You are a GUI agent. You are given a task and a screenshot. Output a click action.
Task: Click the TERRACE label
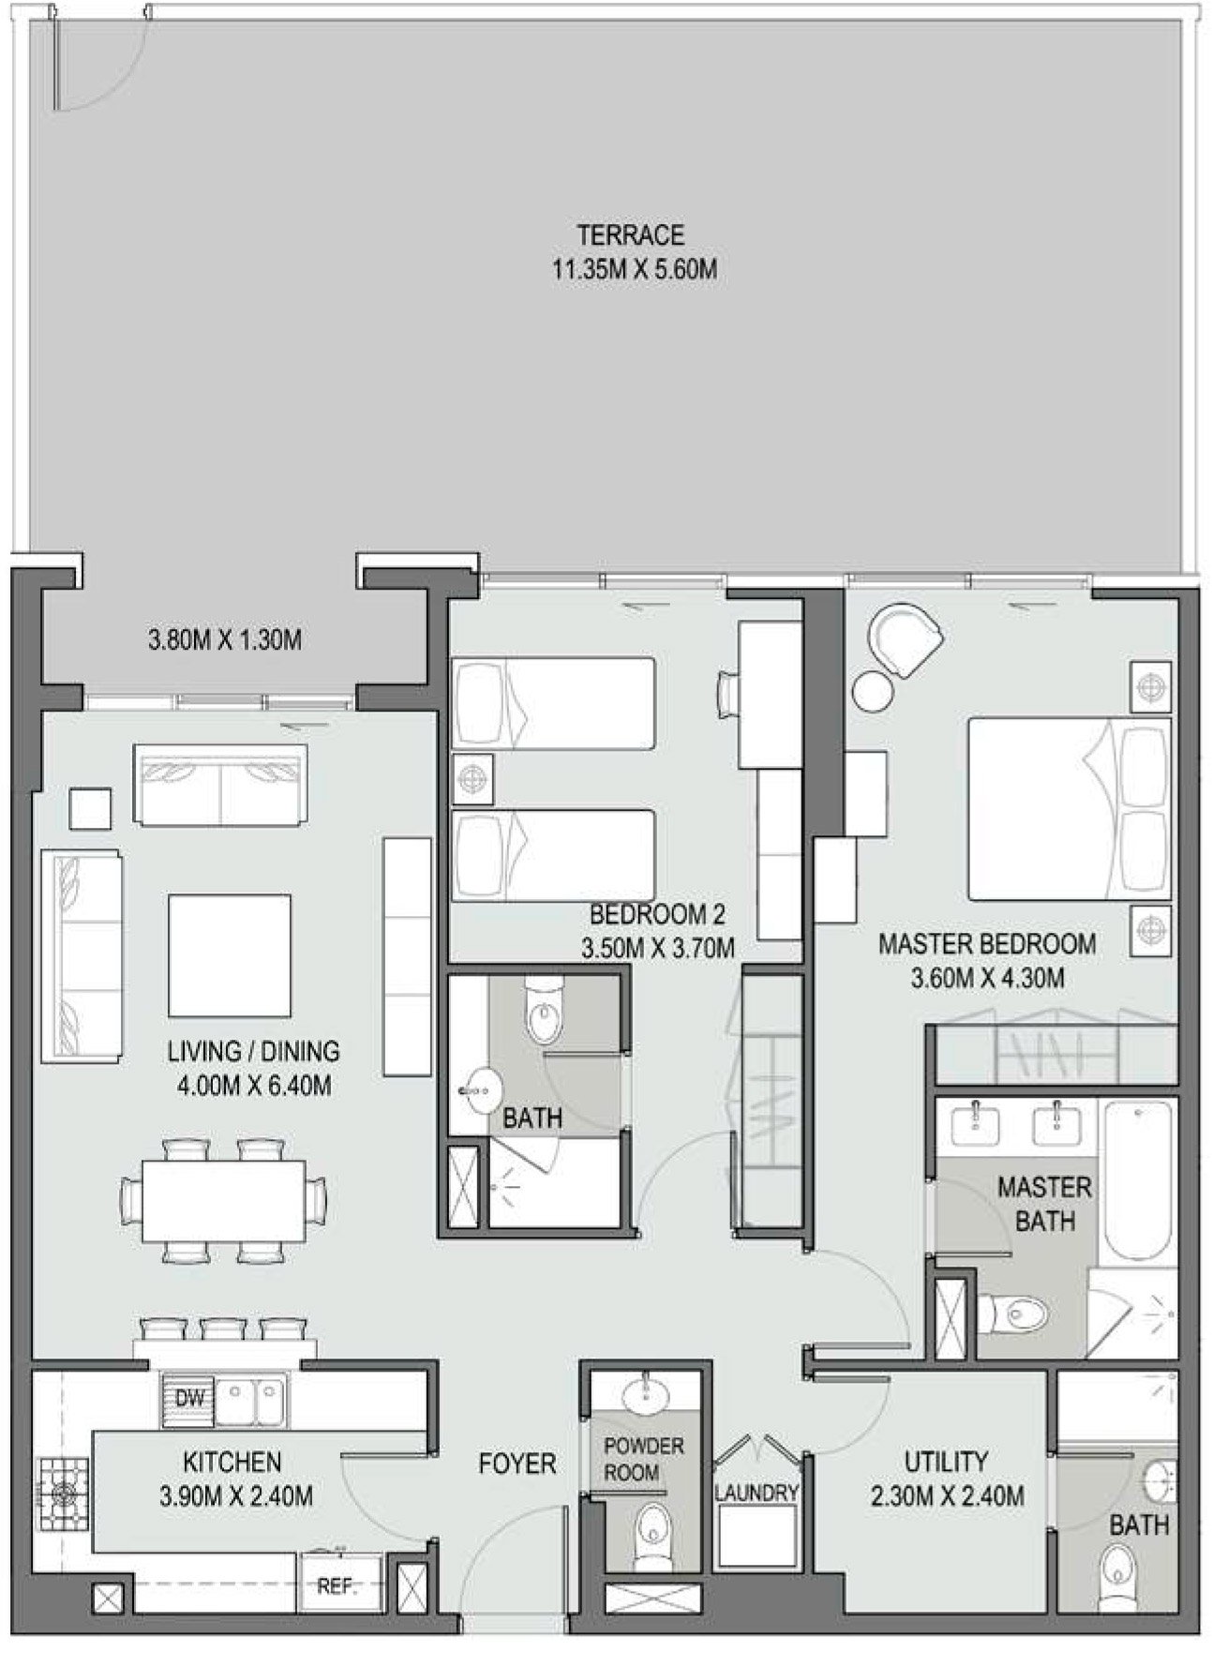click(630, 233)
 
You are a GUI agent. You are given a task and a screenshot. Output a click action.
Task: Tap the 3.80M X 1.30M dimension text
click(224, 641)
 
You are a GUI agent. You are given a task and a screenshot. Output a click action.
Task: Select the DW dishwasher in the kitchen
click(190, 1398)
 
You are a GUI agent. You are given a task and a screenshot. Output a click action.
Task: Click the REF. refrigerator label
click(336, 1586)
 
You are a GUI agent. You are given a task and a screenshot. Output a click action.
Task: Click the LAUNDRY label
click(756, 1492)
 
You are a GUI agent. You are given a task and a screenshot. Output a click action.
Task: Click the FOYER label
click(517, 1463)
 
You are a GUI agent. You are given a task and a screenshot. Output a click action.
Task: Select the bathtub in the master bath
click(1137, 1183)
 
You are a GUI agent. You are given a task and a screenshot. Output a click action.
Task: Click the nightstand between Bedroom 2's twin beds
click(472, 779)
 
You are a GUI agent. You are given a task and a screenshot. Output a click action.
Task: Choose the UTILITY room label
click(946, 1461)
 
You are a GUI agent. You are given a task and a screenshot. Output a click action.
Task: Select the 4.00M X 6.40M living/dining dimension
click(254, 1088)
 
